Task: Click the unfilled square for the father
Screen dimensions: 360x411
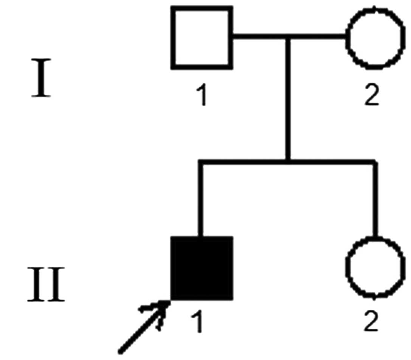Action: click(x=202, y=38)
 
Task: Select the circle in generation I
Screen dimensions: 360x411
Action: click(x=374, y=38)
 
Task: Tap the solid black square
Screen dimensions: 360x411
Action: click(x=202, y=268)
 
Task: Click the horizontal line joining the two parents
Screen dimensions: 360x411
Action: click(x=261, y=37)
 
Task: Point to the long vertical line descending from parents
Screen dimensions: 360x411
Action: click(x=288, y=98)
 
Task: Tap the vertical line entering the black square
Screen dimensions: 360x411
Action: click(x=201, y=200)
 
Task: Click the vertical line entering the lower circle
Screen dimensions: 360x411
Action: click(x=375, y=200)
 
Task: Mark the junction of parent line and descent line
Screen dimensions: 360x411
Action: click(x=288, y=37)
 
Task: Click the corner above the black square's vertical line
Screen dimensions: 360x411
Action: click(x=201, y=162)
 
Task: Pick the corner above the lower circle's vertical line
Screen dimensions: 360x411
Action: click(x=375, y=162)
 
